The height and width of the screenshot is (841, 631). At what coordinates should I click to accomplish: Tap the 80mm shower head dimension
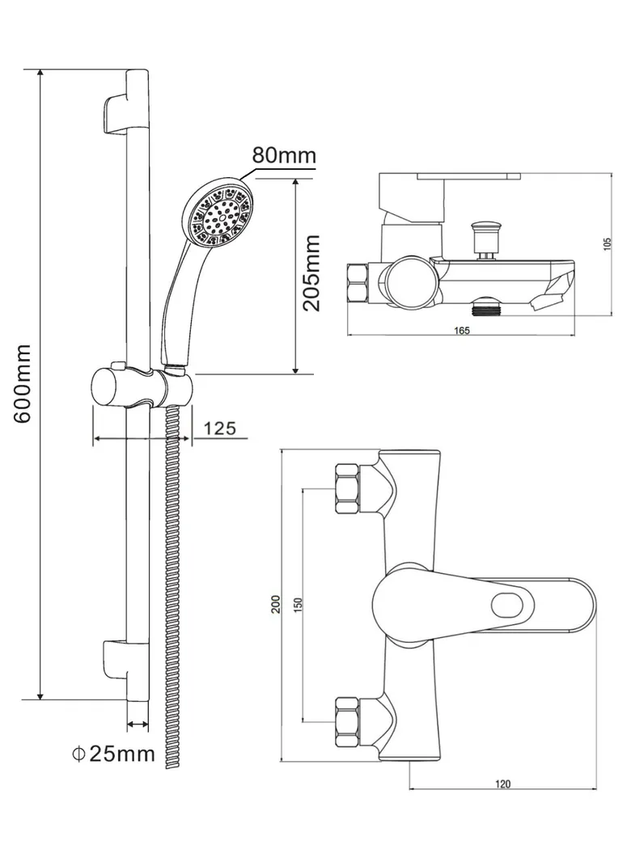(x=283, y=154)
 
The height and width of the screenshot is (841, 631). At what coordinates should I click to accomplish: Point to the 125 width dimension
(x=219, y=428)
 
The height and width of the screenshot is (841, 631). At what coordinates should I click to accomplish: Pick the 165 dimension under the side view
(x=462, y=330)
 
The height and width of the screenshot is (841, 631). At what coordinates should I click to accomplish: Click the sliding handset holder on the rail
(x=138, y=387)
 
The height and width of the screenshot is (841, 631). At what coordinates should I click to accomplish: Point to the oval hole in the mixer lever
(x=509, y=604)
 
